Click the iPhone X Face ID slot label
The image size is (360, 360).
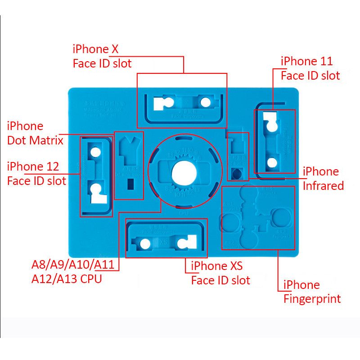coord(102,56)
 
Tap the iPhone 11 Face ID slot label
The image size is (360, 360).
coord(310,68)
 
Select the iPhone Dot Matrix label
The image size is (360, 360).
coord(35,133)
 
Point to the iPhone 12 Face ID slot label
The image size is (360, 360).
coord(36,174)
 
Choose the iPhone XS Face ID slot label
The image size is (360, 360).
coord(220,273)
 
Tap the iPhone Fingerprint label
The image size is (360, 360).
coord(312,292)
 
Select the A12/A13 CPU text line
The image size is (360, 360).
coord(67,279)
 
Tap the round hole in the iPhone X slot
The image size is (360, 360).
coord(205,102)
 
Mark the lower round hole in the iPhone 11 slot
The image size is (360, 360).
coord(271,162)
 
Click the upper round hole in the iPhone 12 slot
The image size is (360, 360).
coord(96,152)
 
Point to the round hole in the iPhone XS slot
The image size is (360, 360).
coord(144,244)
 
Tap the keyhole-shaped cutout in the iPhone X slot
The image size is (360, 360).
coord(162,103)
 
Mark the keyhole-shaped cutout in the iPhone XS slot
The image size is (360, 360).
coord(184,243)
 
